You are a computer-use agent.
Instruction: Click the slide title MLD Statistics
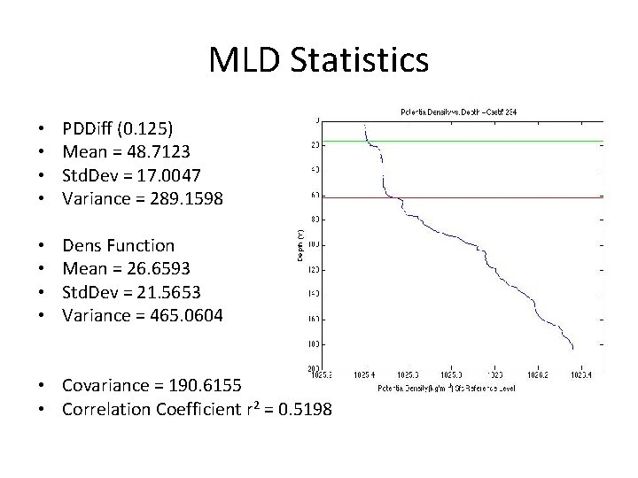tap(319, 60)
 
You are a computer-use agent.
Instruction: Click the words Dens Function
tap(119, 245)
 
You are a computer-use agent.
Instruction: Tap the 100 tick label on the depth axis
tap(314, 243)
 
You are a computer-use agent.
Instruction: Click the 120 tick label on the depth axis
tap(314, 268)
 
